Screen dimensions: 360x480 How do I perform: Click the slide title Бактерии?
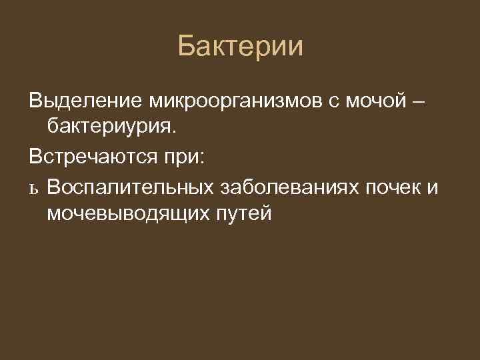click(240, 47)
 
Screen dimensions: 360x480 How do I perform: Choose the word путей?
click(246, 214)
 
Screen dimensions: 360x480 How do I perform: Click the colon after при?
click(203, 159)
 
